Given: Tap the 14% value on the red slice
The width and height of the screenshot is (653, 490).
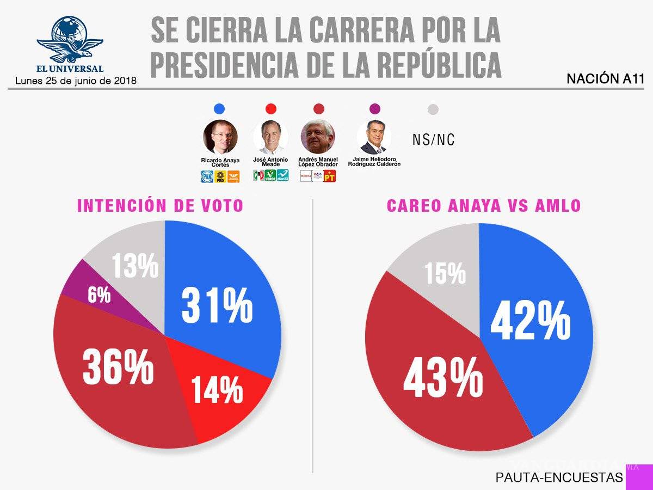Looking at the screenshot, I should coord(217,389).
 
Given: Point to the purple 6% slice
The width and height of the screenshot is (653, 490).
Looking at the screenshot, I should coord(100,295).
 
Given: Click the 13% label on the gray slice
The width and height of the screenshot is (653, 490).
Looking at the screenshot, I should coord(135,266).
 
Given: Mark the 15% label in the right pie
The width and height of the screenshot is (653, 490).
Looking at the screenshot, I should coord(446,273).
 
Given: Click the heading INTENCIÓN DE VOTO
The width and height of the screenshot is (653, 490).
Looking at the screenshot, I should coord(160,206).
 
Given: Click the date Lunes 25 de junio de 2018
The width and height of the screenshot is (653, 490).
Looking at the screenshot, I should coord(76,81).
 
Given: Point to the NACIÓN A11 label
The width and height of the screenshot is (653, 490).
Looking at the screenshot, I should coord(605,79).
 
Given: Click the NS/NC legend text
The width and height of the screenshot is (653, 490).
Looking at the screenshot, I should coord(433,140).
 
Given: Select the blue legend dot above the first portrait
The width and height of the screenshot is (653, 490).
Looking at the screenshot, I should coord(220,109).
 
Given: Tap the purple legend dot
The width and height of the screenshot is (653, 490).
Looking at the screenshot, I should coord(374,109).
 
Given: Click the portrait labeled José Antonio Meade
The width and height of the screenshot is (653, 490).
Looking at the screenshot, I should coord(270,137).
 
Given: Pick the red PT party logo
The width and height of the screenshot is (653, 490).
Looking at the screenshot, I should coord(330,176).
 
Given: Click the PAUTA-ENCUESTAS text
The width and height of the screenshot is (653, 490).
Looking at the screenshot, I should coord(559,477).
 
